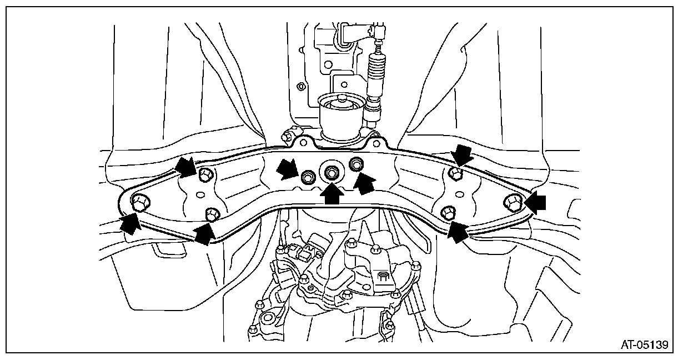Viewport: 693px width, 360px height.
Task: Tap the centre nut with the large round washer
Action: (x=331, y=173)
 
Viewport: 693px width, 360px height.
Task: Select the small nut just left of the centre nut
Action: (x=307, y=178)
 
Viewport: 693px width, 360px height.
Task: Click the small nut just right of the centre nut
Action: (x=355, y=163)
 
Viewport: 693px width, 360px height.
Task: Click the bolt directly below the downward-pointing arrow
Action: (x=455, y=174)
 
